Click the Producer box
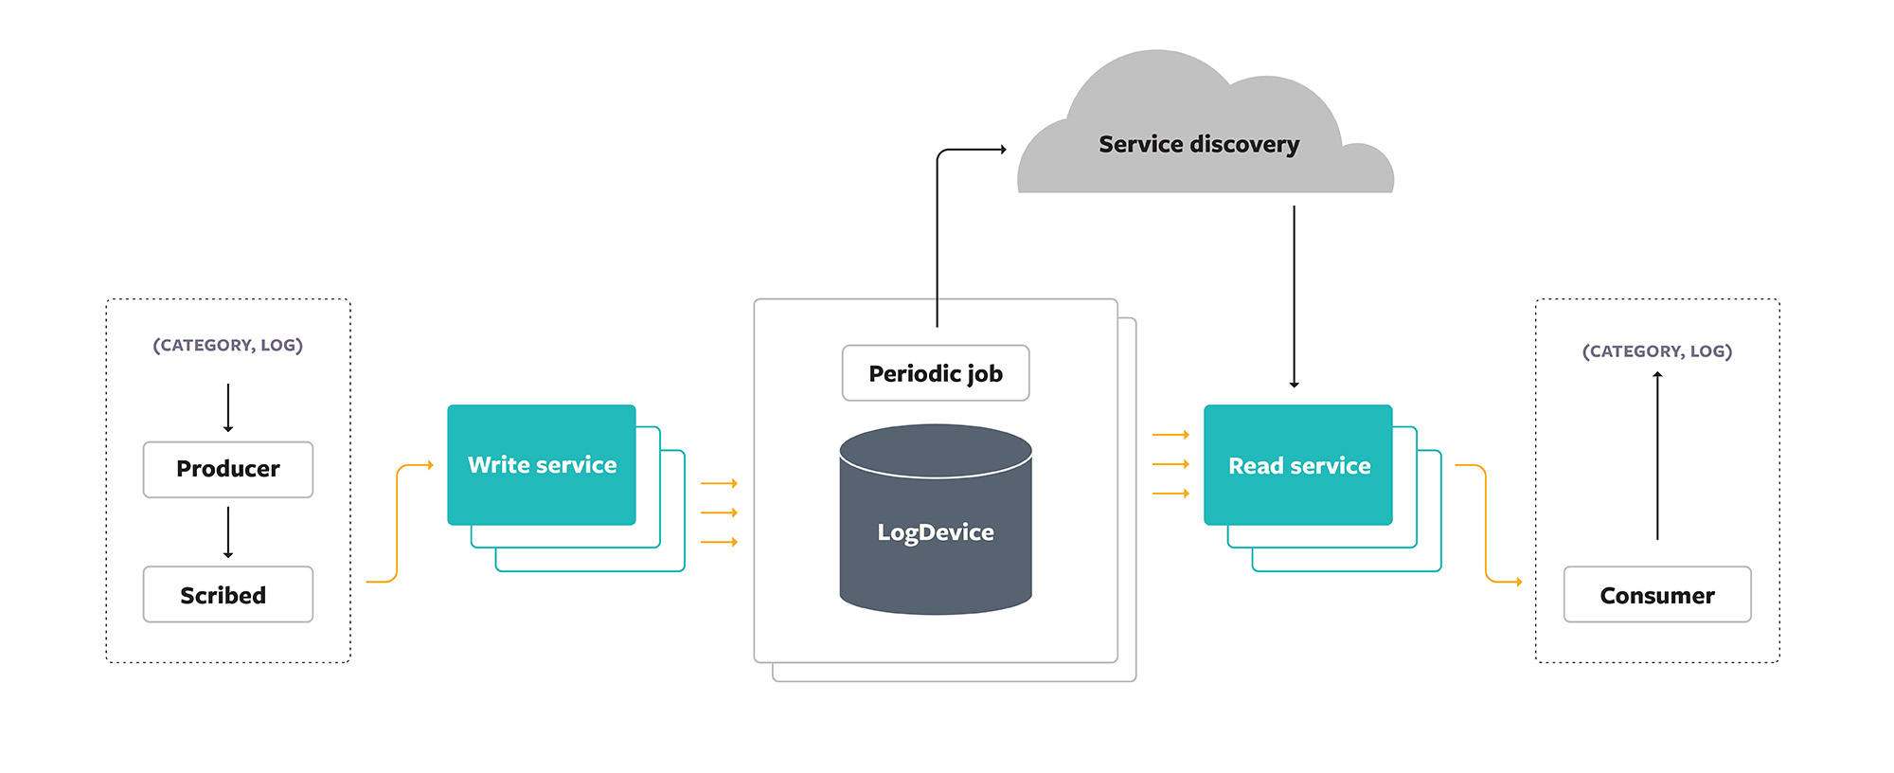tap(227, 469)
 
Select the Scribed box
tap(227, 594)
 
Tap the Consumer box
tap(1656, 594)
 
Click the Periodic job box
tap(935, 373)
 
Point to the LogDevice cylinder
tap(935, 530)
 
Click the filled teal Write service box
tap(541, 464)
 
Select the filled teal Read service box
tap(1297, 464)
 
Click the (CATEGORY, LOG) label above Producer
tap(227, 345)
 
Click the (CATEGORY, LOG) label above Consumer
tap(1656, 351)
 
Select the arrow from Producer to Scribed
tap(228, 532)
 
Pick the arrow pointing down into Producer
tap(228, 407)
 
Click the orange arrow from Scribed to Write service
tap(397, 521)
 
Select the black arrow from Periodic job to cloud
tap(938, 237)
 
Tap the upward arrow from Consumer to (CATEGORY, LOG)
tap(1657, 455)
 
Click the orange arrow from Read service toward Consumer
tap(1485, 521)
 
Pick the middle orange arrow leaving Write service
tap(718, 512)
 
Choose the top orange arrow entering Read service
tap(1170, 435)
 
